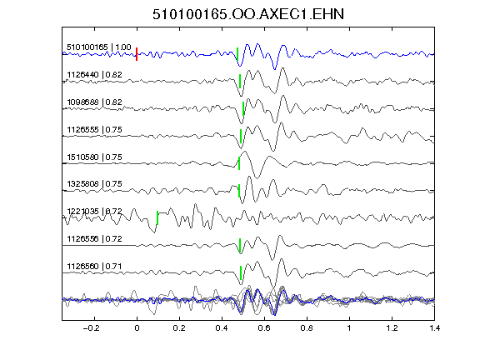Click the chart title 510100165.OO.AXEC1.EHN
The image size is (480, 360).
pos(248,14)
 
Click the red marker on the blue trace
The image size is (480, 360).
pos(137,54)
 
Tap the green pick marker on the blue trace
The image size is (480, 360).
pos(237,54)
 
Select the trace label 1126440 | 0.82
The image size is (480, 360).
pos(94,75)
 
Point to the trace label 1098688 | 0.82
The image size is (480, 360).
pos(94,102)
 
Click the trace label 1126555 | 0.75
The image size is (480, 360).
pos(94,130)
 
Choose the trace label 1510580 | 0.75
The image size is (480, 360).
pos(94,157)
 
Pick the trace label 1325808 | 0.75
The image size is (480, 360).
pos(94,184)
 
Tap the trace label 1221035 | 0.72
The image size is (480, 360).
pos(94,212)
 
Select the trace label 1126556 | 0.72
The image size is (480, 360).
pos(94,239)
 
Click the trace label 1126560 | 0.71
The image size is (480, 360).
pos(94,267)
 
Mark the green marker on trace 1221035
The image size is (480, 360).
pos(157,217)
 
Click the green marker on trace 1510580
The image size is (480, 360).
pos(239,163)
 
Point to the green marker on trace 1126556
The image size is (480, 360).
pos(240,245)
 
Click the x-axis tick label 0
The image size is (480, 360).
pos(137,328)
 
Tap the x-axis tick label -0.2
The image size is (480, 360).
pos(91,328)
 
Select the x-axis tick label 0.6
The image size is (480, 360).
pos(264,328)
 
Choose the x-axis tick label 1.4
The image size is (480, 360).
pos(434,328)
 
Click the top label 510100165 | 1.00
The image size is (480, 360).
pos(99,47)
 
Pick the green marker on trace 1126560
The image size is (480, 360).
pos(241,272)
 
